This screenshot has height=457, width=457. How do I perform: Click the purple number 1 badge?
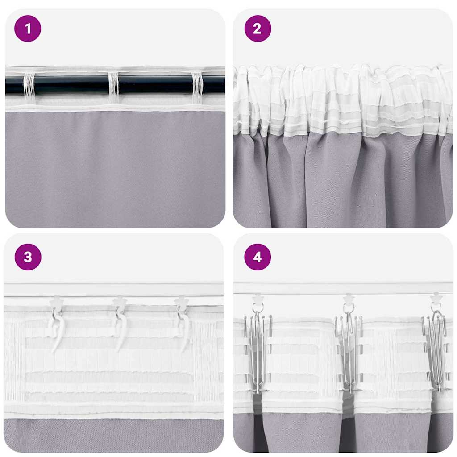(28, 29)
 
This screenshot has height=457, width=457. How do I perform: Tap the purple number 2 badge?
(258, 29)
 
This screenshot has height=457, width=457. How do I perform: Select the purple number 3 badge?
(28, 257)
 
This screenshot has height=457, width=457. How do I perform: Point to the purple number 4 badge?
(258, 257)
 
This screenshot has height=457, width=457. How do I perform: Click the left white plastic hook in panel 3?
(57, 330)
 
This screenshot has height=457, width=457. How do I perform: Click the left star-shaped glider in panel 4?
(258, 298)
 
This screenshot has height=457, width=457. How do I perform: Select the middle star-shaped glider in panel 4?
(349, 298)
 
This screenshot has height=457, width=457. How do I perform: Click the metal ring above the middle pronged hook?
(349, 308)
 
